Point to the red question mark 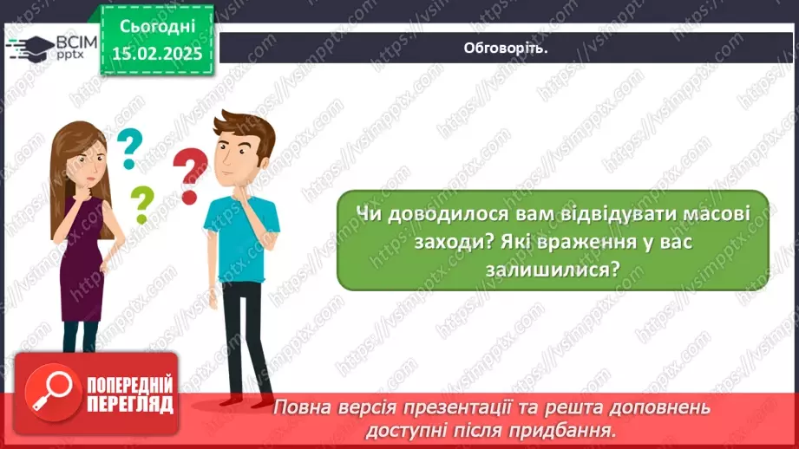(x=190, y=173)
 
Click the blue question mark (x=129, y=148)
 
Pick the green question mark (x=141, y=205)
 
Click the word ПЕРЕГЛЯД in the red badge (x=130, y=405)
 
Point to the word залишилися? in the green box (x=553, y=270)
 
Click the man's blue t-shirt (x=240, y=234)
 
